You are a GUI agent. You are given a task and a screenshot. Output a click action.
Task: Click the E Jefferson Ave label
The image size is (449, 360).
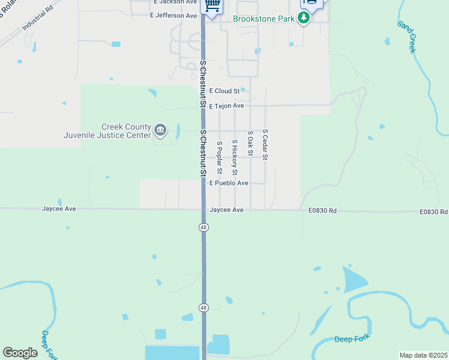click(x=173, y=16)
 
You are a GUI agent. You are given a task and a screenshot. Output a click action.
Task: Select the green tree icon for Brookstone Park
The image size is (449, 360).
click(x=304, y=19)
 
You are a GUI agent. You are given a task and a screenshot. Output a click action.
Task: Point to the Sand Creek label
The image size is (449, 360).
click(x=406, y=37)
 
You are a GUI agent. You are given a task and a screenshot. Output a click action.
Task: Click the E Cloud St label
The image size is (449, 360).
click(x=224, y=91)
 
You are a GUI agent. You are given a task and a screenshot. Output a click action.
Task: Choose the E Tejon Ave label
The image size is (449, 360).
click(x=226, y=106)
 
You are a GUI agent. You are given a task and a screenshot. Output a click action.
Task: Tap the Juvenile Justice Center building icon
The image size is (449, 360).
click(x=160, y=130)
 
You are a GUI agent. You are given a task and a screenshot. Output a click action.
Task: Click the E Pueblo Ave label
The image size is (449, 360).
click(x=228, y=183)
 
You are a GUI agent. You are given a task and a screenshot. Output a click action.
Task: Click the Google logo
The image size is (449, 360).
click(x=20, y=353)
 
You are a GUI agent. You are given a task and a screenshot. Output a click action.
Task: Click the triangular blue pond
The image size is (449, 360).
click(x=355, y=280)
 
